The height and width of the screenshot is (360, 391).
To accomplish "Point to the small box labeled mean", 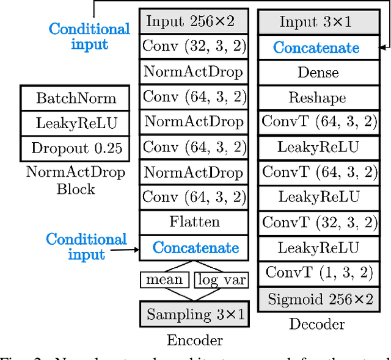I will (x=164, y=279).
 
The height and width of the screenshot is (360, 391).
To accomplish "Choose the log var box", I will (x=221, y=279).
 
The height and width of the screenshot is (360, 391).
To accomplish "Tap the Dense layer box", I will (x=318, y=73).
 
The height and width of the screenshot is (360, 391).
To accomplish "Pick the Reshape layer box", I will (x=318, y=98).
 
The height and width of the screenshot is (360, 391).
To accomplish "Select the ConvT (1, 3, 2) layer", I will (x=318, y=272).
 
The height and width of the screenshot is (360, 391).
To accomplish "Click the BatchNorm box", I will (x=75, y=98).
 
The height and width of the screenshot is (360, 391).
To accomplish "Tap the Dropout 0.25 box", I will (x=75, y=148).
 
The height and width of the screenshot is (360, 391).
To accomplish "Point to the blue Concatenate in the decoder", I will (x=316, y=48).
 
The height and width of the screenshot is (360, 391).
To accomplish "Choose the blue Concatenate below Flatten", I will (x=195, y=248).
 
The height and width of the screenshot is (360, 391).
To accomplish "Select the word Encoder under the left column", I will (x=194, y=340).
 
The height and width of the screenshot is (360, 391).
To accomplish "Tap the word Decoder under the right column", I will (x=318, y=324).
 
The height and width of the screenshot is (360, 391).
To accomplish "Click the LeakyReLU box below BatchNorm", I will (x=75, y=123).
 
